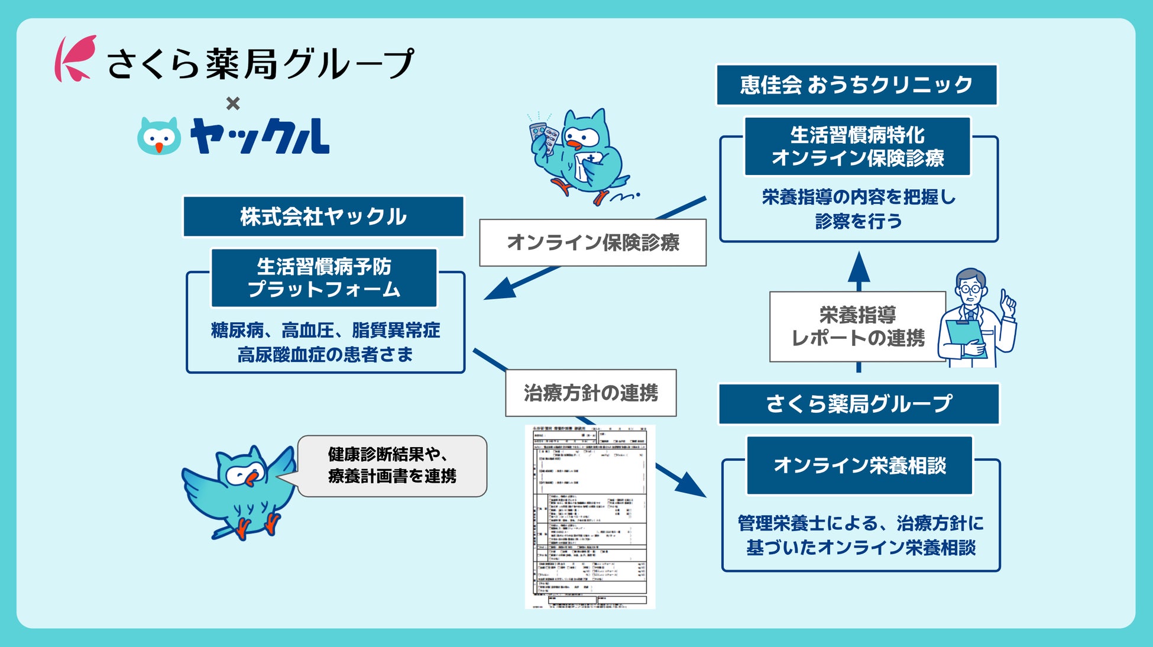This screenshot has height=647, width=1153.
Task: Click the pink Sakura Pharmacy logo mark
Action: (x=75, y=59)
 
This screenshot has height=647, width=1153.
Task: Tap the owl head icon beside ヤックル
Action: (x=159, y=136)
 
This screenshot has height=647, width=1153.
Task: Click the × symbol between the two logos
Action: (x=233, y=103)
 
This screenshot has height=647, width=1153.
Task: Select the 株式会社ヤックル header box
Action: (x=323, y=216)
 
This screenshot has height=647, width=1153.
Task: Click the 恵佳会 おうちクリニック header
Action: (x=856, y=85)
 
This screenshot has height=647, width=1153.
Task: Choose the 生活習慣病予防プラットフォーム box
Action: (x=323, y=278)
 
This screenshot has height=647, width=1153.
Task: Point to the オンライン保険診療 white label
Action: (x=592, y=242)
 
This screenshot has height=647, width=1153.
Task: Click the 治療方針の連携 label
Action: (x=590, y=393)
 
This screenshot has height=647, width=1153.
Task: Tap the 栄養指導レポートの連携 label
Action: (x=857, y=326)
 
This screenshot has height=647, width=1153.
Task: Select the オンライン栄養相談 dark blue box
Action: (x=859, y=465)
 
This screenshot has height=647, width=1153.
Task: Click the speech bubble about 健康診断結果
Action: (x=392, y=466)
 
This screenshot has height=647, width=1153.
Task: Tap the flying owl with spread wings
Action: (x=240, y=491)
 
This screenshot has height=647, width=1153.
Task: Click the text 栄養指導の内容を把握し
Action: (x=859, y=197)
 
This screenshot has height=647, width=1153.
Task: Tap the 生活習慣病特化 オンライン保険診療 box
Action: (x=857, y=147)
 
